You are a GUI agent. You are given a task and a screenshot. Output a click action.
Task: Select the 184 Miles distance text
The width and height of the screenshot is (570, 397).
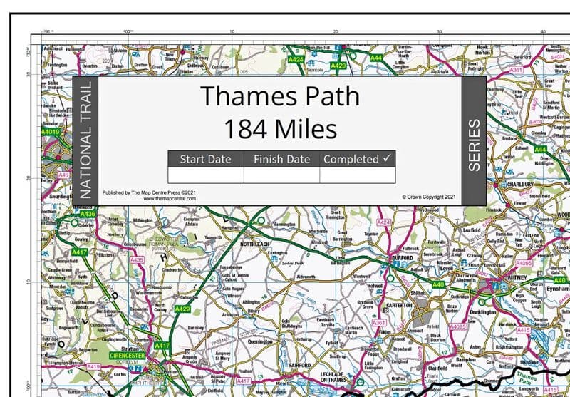click(279, 130)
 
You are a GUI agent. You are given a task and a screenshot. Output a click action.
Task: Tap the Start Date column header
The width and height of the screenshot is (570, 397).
click(205, 159)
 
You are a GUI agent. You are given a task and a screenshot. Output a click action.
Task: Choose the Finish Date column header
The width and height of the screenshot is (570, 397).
click(281, 159)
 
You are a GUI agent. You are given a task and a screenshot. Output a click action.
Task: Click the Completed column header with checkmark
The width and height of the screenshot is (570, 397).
click(357, 159)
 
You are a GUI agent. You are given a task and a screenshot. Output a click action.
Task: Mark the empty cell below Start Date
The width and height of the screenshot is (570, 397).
click(205, 175)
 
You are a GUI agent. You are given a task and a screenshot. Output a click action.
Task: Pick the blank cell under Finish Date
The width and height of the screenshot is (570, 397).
click(281, 175)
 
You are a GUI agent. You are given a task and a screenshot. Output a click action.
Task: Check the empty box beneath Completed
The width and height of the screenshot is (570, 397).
click(357, 175)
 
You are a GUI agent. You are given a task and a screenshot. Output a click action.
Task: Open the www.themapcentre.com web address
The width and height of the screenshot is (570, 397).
click(170, 199)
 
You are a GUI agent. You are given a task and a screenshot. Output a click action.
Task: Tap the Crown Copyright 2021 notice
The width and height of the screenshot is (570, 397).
click(427, 196)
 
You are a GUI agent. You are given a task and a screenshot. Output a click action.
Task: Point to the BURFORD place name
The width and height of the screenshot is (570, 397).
click(402, 258)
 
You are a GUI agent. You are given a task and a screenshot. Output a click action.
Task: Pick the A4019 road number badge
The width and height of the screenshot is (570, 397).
click(51, 132)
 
